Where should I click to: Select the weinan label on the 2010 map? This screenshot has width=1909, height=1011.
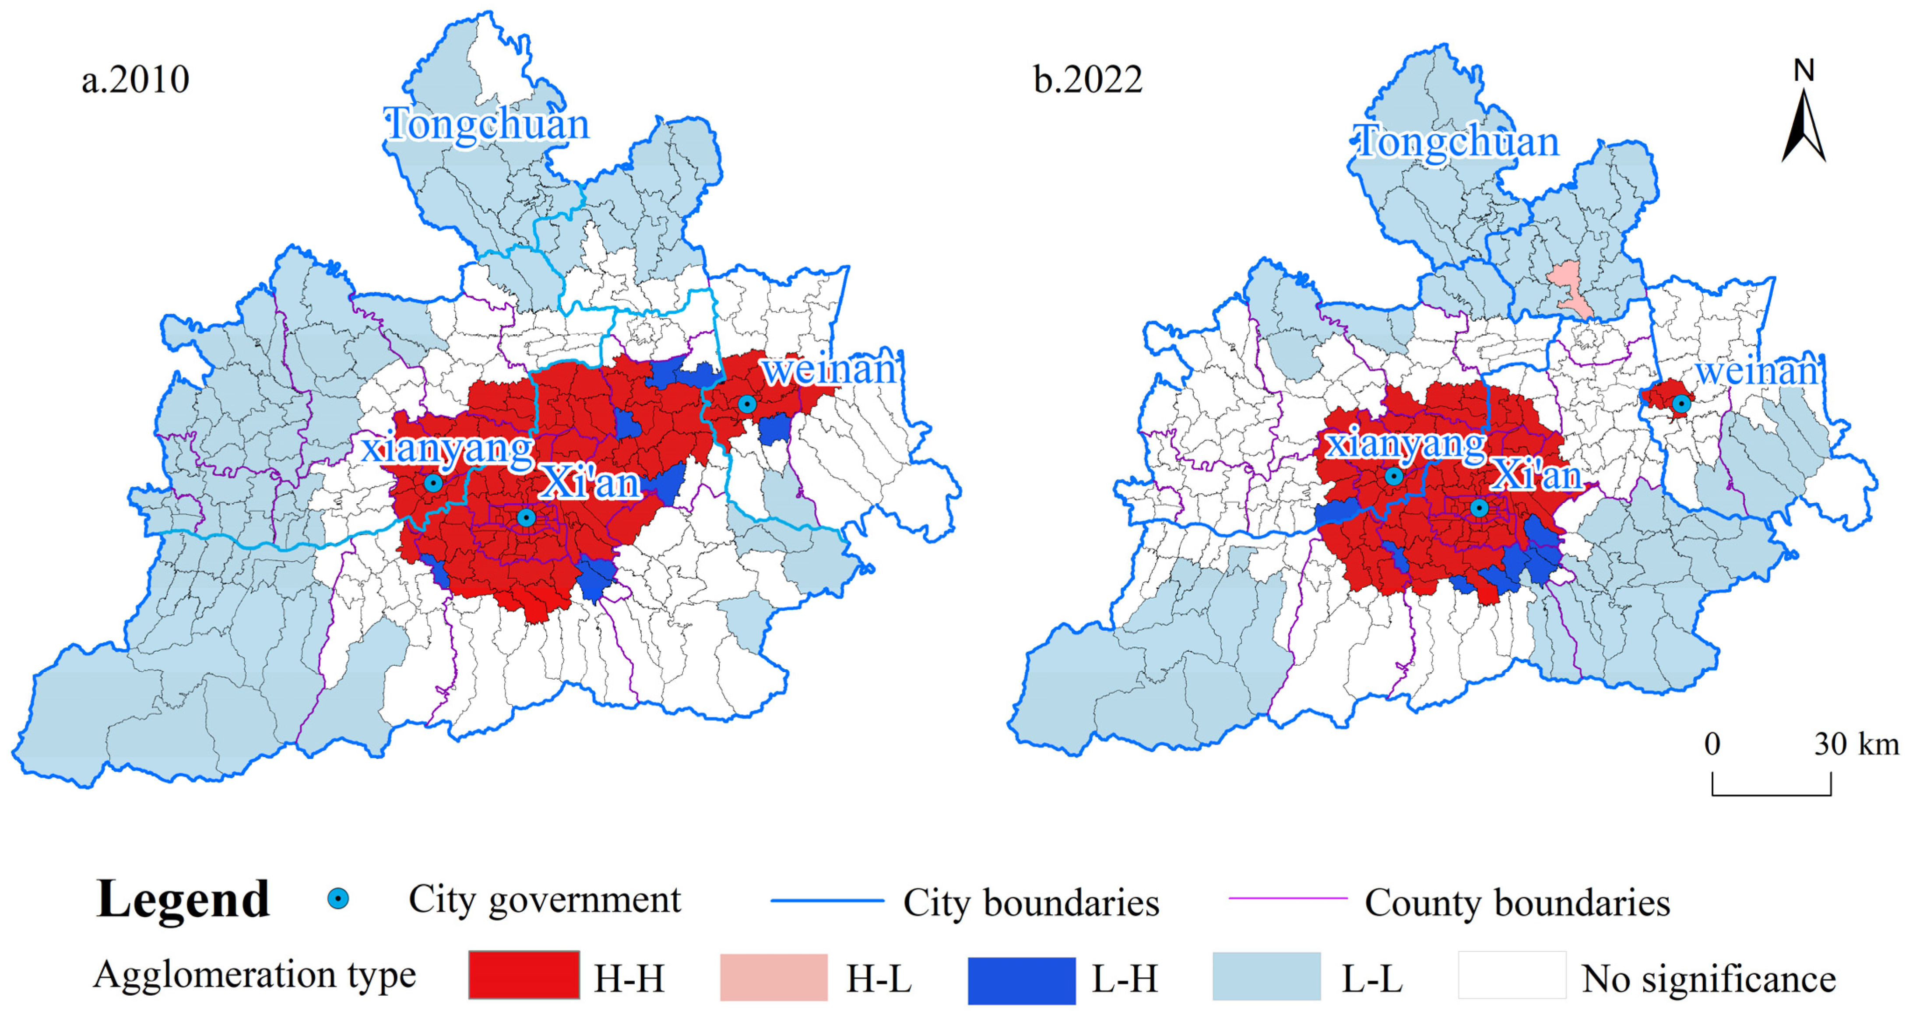click(x=830, y=369)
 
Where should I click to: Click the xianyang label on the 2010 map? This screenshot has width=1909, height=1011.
click(x=447, y=448)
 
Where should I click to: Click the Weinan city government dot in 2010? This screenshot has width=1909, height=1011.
click(x=747, y=404)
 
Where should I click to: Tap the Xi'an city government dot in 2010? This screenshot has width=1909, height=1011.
click(x=526, y=517)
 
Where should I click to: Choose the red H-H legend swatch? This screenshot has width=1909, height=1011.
click(x=524, y=976)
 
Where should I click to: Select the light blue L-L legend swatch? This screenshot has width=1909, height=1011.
click(x=1266, y=977)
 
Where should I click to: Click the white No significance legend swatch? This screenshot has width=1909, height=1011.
click(x=1512, y=976)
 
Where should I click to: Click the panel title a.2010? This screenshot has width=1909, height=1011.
click(x=136, y=79)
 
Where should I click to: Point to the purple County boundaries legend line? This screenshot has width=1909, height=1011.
click(x=1288, y=899)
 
